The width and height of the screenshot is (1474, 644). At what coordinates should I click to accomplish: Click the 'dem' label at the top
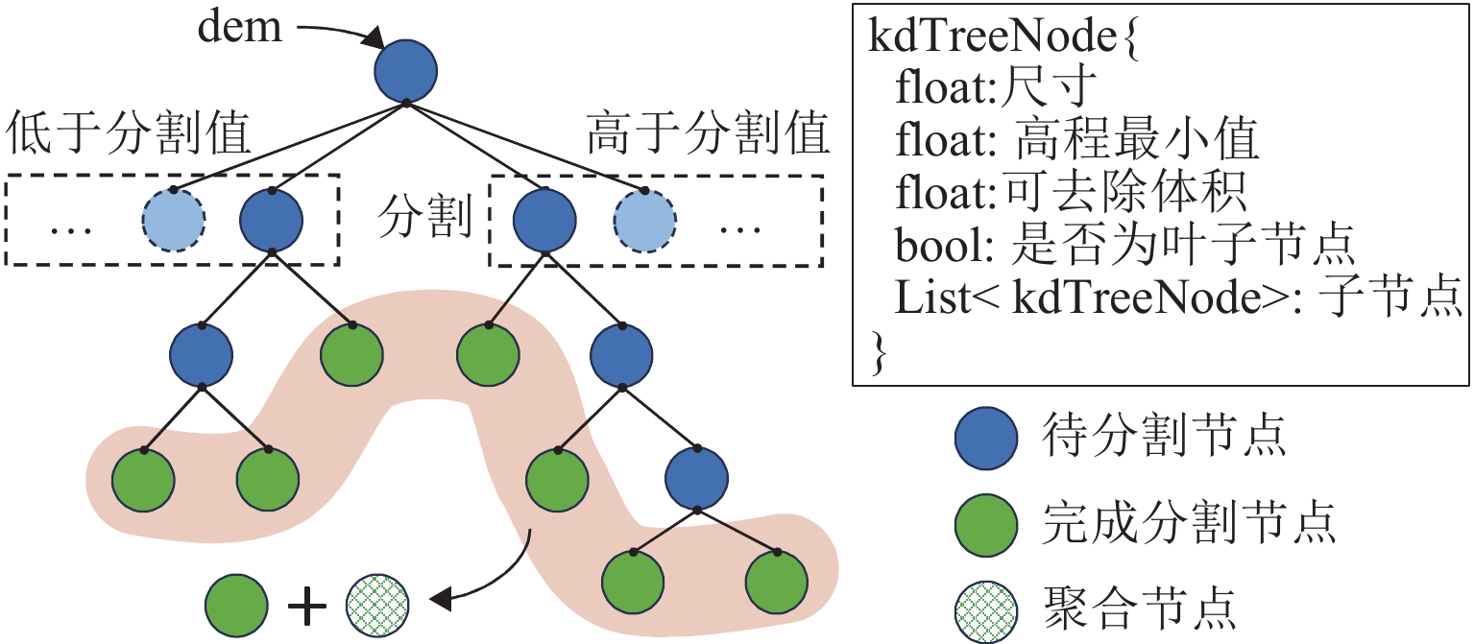(x=241, y=28)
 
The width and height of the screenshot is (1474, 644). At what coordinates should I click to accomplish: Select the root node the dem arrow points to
(x=405, y=71)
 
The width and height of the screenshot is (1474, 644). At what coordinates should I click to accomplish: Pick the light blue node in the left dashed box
(x=174, y=221)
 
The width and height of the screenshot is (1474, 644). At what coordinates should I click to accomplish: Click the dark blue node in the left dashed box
(x=272, y=221)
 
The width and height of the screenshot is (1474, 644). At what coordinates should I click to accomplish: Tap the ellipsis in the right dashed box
(x=740, y=230)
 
